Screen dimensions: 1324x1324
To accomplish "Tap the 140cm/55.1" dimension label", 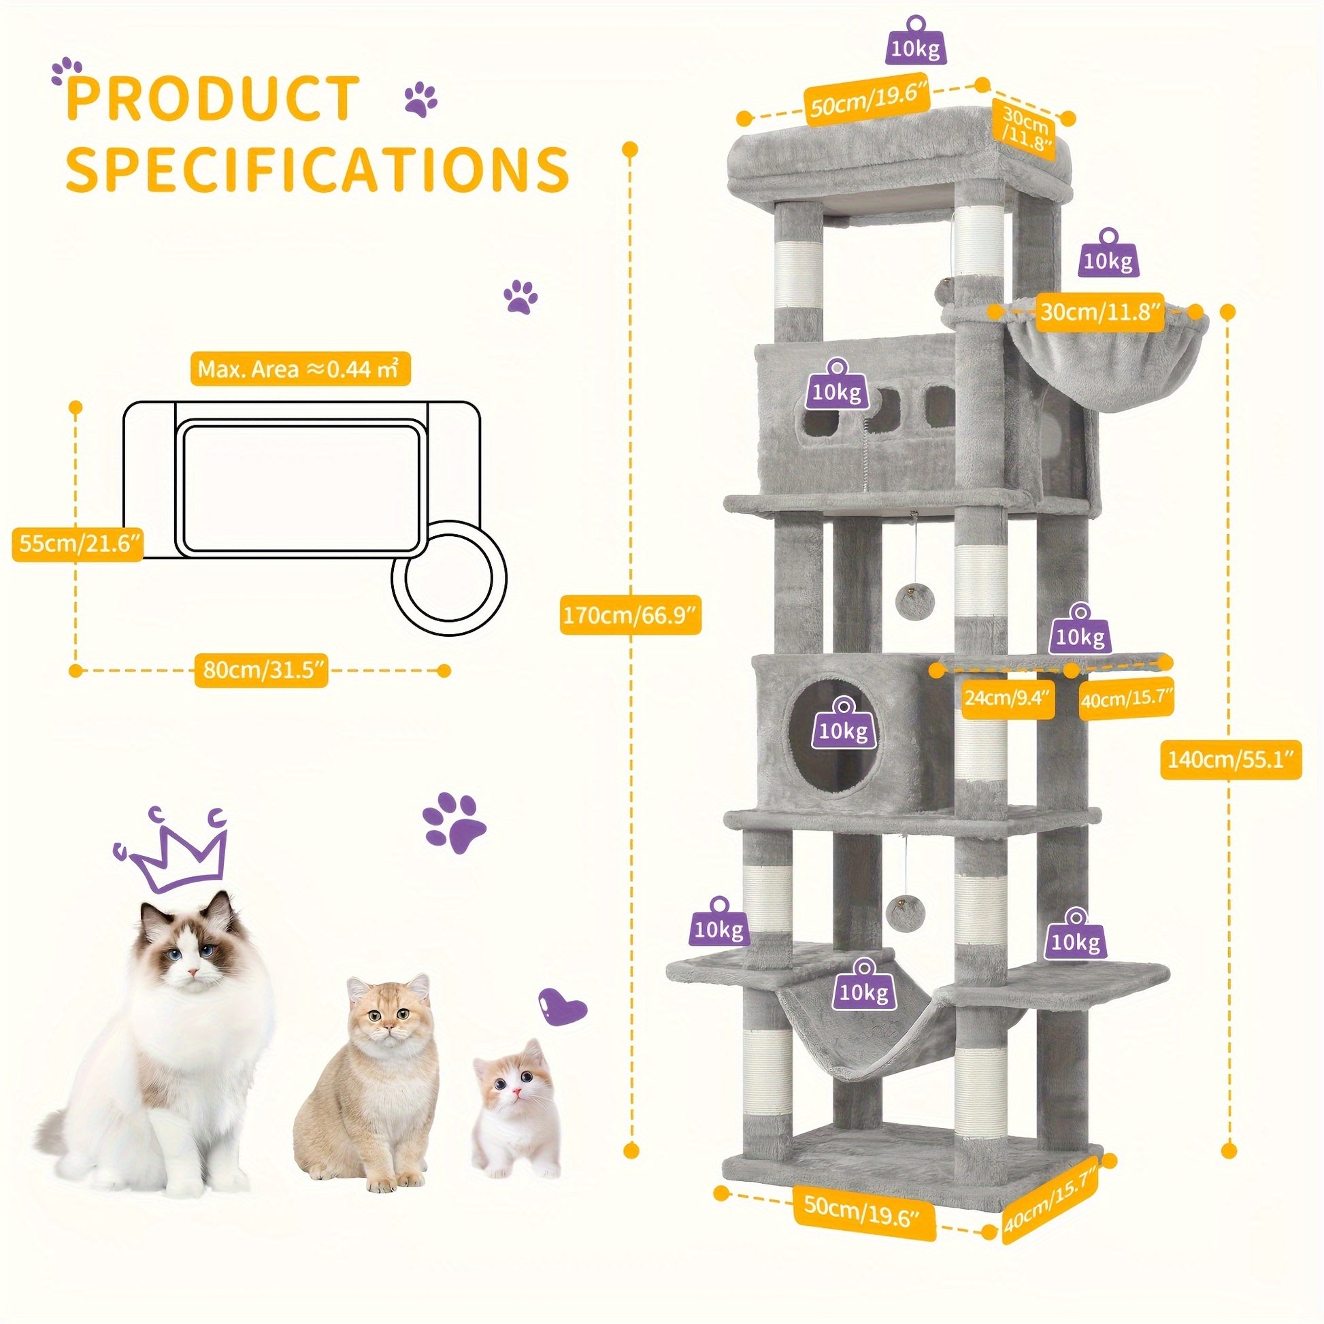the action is [x=1230, y=759].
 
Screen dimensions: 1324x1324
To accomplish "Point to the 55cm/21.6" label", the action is [x=78, y=543].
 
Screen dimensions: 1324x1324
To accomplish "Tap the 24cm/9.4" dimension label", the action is [x=1008, y=697].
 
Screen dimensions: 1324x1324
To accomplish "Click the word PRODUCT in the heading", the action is [x=213, y=99].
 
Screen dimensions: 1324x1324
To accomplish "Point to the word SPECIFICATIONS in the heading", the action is [x=317, y=169].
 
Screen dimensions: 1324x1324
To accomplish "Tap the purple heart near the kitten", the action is [x=565, y=1006].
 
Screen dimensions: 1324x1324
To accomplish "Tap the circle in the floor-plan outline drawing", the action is [x=450, y=578].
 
